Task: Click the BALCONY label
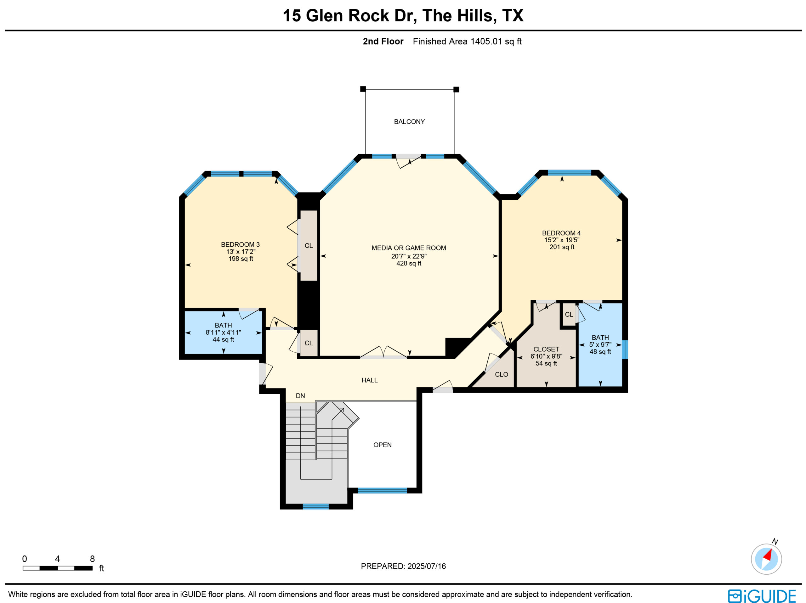click(x=409, y=122)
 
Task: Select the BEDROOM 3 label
click(x=241, y=245)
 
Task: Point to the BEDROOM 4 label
click(x=561, y=233)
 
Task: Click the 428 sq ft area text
click(x=409, y=263)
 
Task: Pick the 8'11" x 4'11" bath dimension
click(x=223, y=332)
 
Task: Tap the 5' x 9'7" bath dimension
click(x=600, y=344)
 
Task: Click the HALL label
click(x=370, y=380)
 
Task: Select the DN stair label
click(x=300, y=396)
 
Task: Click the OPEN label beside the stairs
click(x=383, y=445)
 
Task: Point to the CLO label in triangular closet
click(x=501, y=374)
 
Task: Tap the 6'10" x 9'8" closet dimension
click(x=546, y=356)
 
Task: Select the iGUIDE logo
click(x=762, y=596)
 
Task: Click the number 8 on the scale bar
click(x=92, y=559)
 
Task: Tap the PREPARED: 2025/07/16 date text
click(x=403, y=566)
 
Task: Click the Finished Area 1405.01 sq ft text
click(x=467, y=42)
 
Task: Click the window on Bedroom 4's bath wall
click(x=625, y=349)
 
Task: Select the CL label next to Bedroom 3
click(x=309, y=246)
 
